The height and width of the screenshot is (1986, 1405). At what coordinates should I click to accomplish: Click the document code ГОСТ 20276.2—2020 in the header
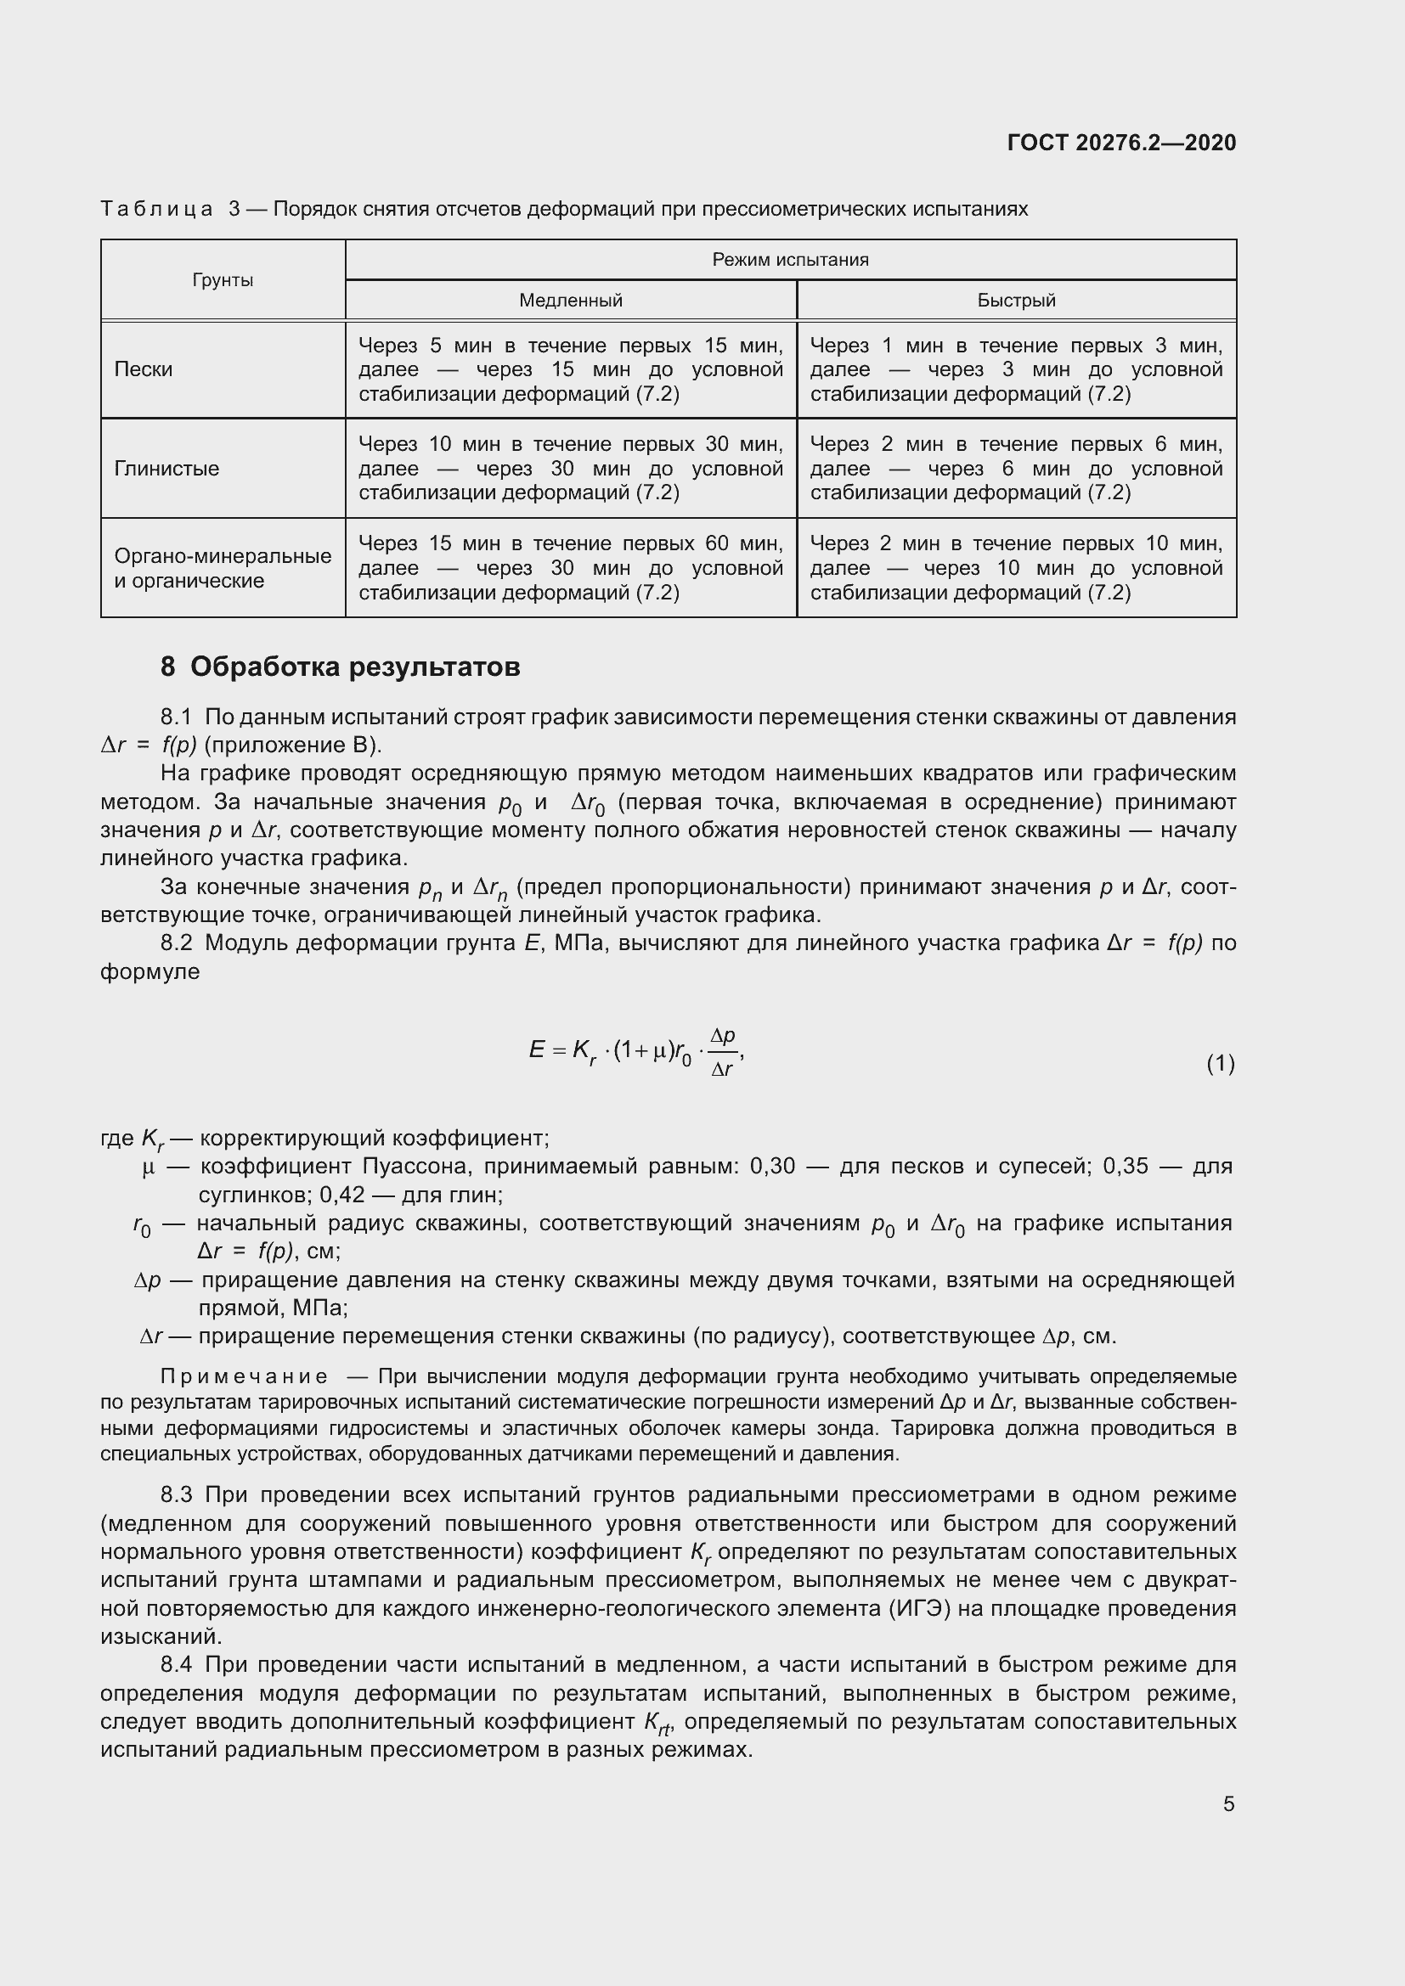(1121, 143)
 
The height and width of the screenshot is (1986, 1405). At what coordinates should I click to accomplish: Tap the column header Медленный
(570, 300)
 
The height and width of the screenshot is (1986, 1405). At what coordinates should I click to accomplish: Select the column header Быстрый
(1016, 300)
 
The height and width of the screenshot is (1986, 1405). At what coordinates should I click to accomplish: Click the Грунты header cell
(223, 280)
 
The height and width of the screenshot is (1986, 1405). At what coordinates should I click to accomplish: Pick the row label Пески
(144, 369)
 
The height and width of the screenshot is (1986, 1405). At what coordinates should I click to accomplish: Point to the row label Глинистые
(167, 469)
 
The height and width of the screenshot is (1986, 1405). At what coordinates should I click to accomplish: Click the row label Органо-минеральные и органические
(223, 568)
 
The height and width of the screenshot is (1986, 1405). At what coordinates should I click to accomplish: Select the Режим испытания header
(790, 260)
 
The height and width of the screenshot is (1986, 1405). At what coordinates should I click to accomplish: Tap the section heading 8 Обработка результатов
(340, 667)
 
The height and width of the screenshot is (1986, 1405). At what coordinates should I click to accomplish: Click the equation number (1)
(1220, 1063)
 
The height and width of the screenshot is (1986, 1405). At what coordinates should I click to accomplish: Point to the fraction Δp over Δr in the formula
(722, 1052)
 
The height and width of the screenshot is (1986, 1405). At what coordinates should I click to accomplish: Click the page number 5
(1228, 1803)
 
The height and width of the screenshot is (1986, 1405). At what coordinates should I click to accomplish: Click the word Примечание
(244, 1376)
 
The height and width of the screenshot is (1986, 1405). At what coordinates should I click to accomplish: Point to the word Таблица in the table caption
(156, 210)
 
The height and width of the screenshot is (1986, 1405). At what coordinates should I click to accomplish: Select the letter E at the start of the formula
(536, 1050)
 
